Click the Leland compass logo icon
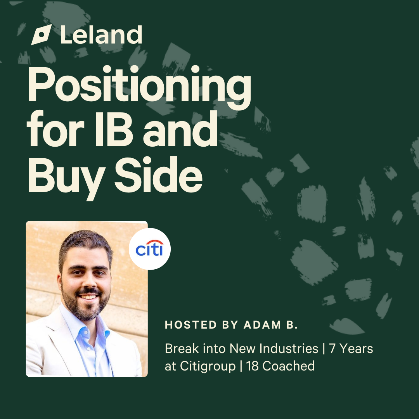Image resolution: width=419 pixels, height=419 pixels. (42, 35)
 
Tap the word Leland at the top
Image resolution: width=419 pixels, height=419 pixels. (101, 35)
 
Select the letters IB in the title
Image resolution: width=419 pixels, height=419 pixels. (114, 129)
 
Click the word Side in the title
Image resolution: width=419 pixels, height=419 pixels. (158, 174)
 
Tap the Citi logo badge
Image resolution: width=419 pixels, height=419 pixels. (150, 249)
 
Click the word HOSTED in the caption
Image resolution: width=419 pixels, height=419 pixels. (191, 325)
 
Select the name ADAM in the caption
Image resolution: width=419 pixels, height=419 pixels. (262, 325)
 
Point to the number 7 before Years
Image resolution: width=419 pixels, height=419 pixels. (332, 349)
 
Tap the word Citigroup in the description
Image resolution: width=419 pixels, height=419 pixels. (208, 366)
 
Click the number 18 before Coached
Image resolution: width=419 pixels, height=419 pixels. (252, 366)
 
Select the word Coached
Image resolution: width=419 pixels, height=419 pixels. (289, 366)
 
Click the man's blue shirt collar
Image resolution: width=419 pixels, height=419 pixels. (85, 326)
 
